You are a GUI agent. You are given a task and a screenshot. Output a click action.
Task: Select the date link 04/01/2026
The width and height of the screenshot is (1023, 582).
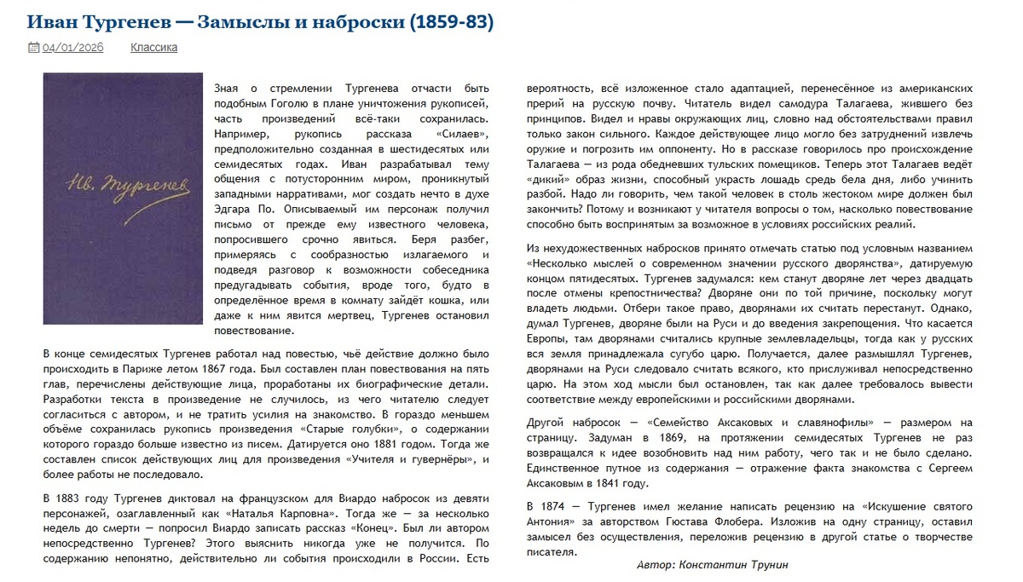coord(73,48)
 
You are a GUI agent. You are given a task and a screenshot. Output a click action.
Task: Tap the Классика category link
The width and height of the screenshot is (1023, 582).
coord(153,48)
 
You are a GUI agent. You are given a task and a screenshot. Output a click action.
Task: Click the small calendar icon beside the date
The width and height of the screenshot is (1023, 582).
coord(33,48)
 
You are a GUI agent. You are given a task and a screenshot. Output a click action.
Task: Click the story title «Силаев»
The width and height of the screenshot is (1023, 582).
coord(461,135)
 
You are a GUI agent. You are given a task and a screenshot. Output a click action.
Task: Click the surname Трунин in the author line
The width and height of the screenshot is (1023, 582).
coord(770,564)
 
